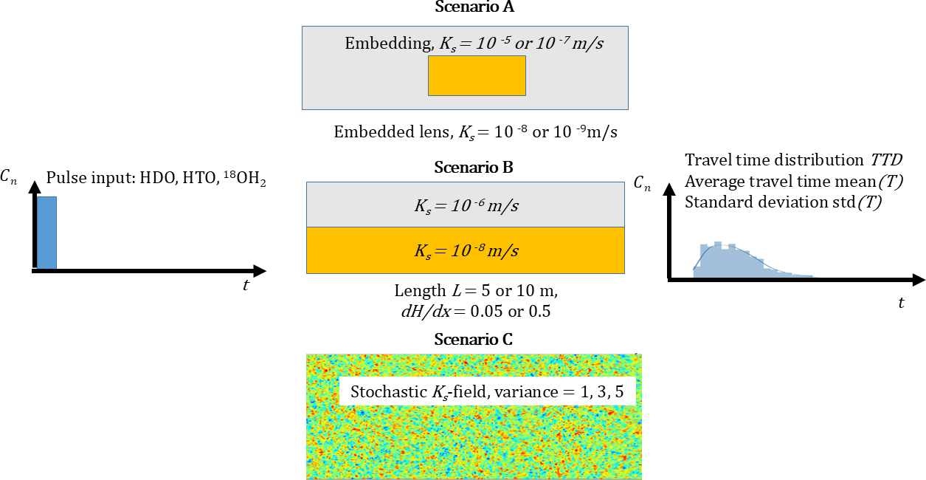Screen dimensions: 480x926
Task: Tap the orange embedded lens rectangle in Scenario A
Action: tap(477, 75)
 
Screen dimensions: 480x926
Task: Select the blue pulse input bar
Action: tap(46, 233)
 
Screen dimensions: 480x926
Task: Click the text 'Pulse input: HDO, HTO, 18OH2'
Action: tap(154, 178)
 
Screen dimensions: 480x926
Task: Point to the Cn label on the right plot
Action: tap(643, 184)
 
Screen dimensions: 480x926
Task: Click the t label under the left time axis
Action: tap(246, 286)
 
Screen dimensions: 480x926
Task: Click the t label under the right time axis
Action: tap(901, 302)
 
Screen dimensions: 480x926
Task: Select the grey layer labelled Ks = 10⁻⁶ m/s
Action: tap(465, 205)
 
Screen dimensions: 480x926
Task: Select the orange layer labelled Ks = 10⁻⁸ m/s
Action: tap(465, 250)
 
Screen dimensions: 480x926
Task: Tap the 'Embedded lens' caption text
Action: tap(475, 132)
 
